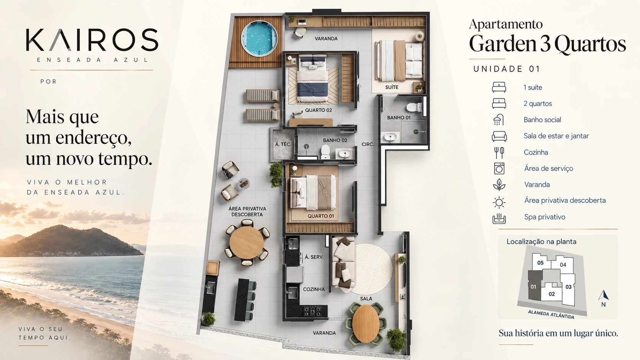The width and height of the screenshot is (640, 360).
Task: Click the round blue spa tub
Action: coord(259,39)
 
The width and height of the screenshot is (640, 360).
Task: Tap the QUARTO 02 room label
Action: coord(318,110)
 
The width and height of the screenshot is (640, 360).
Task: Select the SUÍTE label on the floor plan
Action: coord(392,87)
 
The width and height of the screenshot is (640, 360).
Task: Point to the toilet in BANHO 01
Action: coord(413,108)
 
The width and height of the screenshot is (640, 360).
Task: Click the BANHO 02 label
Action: coord(335,140)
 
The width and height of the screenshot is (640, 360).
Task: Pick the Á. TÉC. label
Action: coord(283,145)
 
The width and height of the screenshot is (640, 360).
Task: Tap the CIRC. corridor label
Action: coord(368,145)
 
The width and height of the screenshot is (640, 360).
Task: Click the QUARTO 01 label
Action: coord(320,216)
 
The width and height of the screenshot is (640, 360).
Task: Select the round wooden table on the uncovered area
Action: coord(247,243)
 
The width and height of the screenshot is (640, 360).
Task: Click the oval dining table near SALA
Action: coord(366,323)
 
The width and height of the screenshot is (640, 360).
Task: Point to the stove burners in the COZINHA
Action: coord(312,311)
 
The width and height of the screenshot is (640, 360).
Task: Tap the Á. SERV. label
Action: coord(314,257)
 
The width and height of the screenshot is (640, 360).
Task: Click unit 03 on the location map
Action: coord(568,287)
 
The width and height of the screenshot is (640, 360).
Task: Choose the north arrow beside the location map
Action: coord(603,295)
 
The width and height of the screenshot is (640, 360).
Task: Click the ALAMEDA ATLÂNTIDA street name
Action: coord(551,314)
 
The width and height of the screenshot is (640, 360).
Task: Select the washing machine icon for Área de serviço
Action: coord(499,168)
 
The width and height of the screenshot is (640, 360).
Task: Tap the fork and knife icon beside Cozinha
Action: coord(499,152)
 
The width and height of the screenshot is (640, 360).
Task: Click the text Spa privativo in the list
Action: coord(545,217)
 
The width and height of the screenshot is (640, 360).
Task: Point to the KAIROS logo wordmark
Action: coord(92,40)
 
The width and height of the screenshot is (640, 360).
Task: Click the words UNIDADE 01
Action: coord(506,69)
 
